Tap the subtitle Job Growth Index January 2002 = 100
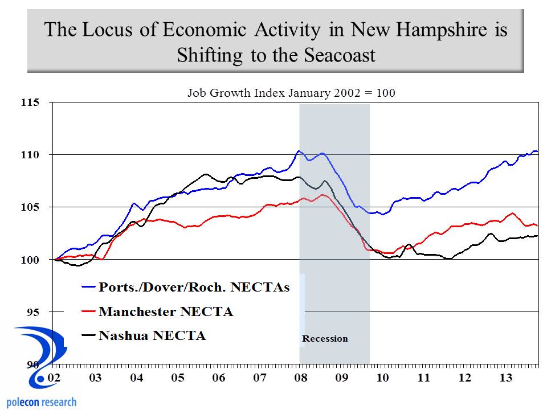tap(291, 93)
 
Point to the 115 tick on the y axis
tap(31, 103)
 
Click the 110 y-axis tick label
tap(31, 155)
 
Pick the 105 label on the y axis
tap(31, 207)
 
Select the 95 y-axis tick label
tap(33, 312)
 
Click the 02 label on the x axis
tap(55, 378)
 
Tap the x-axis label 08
tap(301, 378)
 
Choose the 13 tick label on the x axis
tap(505, 378)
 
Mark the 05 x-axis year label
tap(178, 378)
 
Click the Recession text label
tap(325, 339)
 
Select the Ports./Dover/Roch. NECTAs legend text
tap(194, 287)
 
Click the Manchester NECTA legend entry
tap(166, 311)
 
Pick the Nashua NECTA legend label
tap(152, 335)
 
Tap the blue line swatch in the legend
tap(88, 288)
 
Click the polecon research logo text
tap(39, 402)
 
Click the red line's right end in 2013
tap(537, 226)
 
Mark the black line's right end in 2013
tap(537, 236)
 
